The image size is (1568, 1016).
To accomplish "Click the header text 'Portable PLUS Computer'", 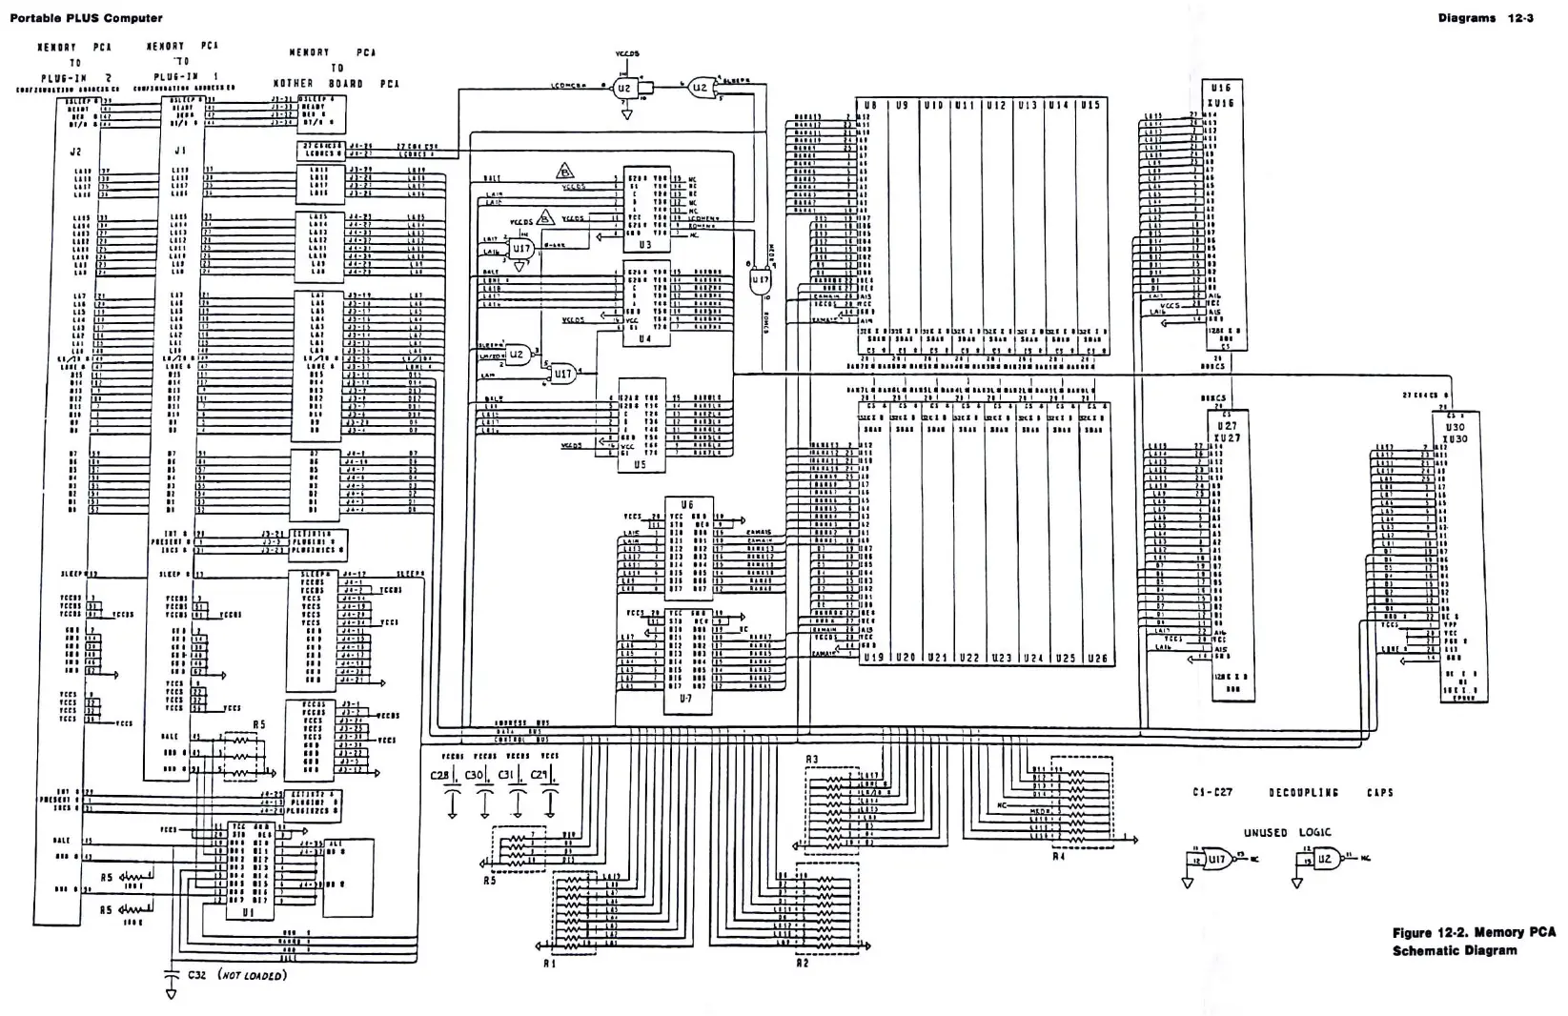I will click(86, 18).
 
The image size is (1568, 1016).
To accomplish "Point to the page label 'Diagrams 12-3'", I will click(1485, 18).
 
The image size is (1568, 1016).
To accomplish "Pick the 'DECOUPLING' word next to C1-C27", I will click(1303, 792).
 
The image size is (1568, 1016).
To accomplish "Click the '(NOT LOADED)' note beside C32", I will click(252, 976).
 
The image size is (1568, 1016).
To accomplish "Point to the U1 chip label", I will click(249, 912).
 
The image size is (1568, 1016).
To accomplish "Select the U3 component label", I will click(645, 245).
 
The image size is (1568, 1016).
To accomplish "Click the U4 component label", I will click(645, 339).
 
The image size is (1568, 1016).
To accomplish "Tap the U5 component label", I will click(639, 465).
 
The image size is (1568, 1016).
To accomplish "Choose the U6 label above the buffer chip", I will click(687, 504).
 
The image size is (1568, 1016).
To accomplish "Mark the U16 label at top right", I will click(1222, 88).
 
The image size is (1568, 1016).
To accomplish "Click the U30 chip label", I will click(1455, 427).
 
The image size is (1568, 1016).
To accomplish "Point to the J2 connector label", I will click(76, 152).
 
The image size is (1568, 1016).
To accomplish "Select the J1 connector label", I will click(180, 151).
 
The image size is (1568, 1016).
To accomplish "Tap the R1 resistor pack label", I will click(551, 963).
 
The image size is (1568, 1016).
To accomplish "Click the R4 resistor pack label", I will click(1058, 857).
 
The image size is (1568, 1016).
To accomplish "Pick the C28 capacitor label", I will click(439, 776).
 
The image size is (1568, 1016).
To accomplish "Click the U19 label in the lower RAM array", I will click(874, 658).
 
